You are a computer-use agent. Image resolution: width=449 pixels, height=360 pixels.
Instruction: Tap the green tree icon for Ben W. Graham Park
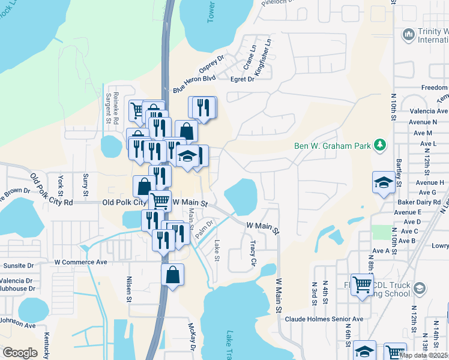coord(379,145)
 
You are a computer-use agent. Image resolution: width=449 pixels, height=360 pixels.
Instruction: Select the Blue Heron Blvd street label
coord(194,83)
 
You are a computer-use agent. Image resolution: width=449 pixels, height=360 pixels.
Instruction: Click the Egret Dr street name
coord(243,79)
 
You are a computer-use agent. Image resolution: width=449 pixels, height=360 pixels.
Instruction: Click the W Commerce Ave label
coord(80,262)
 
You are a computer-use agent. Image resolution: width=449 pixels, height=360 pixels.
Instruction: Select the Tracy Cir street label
coord(253,253)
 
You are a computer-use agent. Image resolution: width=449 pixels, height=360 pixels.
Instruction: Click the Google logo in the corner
coord(20,352)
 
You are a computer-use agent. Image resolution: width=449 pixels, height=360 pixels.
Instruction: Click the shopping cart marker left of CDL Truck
coord(362,284)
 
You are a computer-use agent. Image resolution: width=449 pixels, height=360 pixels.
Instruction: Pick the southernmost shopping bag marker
coord(172,275)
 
